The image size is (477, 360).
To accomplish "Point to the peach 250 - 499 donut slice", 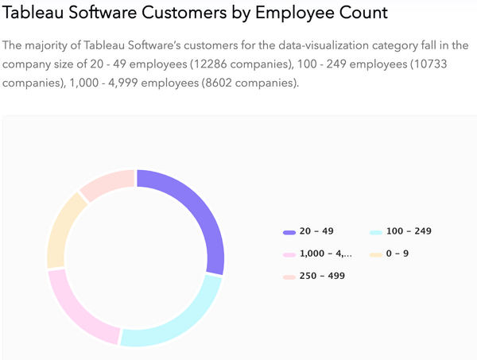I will [x=107, y=182].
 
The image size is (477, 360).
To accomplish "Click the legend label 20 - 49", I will [x=316, y=231].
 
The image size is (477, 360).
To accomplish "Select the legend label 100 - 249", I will [x=409, y=231].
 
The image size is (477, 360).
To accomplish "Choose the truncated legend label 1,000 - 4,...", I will [x=325, y=254].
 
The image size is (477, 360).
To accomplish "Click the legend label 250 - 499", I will [x=322, y=276].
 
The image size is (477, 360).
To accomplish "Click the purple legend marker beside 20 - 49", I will [x=289, y=232].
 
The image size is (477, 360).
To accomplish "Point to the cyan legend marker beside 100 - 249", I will [x=376, y=232].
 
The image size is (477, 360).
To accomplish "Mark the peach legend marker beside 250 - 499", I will [x=289, y=277].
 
